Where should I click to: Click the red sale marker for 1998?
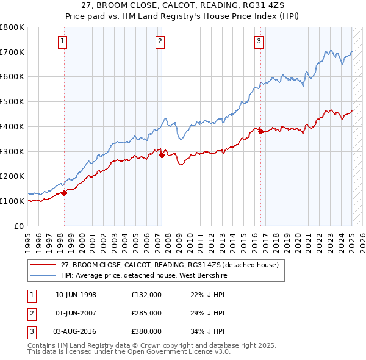click(64, 193)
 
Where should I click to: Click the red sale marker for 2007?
click(162, 155)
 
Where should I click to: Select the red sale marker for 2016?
click(260, 131)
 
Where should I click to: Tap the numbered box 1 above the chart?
click(63, 41)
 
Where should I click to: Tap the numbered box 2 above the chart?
click(160, 41)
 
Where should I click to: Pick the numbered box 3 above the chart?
click(259, 41)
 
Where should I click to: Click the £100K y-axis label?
click(12, 201)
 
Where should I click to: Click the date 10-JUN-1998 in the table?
click(76, 295)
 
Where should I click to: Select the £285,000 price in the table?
click(146, 313)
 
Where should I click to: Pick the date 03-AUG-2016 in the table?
click(76, 331)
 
